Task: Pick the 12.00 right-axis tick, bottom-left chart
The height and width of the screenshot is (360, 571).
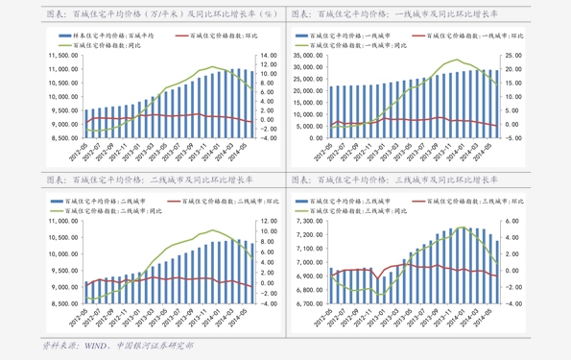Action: point(269,221)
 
